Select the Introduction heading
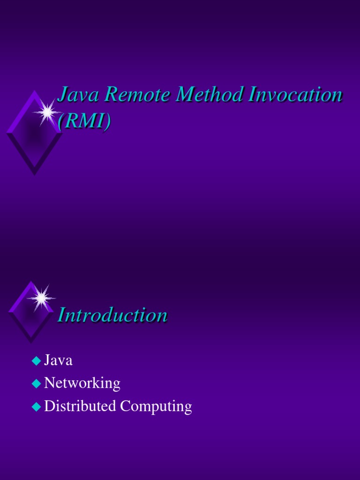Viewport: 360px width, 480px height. [x=112, y=315]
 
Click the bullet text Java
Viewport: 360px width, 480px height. [x=58, y=360]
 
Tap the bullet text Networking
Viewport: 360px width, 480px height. [x=82, y=383]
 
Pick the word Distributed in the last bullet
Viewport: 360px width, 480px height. [x=80, y=406]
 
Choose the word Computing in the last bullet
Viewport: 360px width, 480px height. [x=156, y=407]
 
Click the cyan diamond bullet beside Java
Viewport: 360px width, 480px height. [x=36, y=361]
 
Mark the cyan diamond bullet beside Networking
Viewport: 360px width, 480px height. [x=36, y=384]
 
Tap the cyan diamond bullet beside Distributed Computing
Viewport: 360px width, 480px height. [x=36, y=406]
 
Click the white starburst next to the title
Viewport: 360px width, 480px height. [x=47, y=112]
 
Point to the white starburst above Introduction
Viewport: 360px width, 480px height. [x=41, y=297]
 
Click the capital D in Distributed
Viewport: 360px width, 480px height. [x=49, y=406]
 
